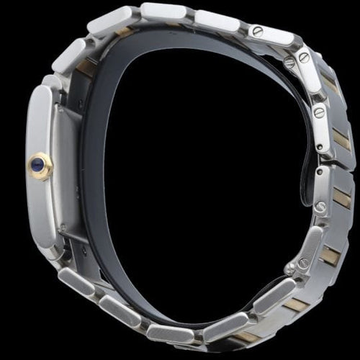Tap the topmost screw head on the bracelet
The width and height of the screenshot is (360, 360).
coord(256,30)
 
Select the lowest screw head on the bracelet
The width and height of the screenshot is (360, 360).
coord(304,264)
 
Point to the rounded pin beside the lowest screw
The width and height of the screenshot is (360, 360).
coord(289,269)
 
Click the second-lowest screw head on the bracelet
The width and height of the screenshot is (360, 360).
coord(321,207)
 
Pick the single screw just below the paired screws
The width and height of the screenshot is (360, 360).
coord(318,112)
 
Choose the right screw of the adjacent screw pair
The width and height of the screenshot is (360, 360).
coord(305,56)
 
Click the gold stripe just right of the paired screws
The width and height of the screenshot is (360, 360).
coord(329,84)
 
